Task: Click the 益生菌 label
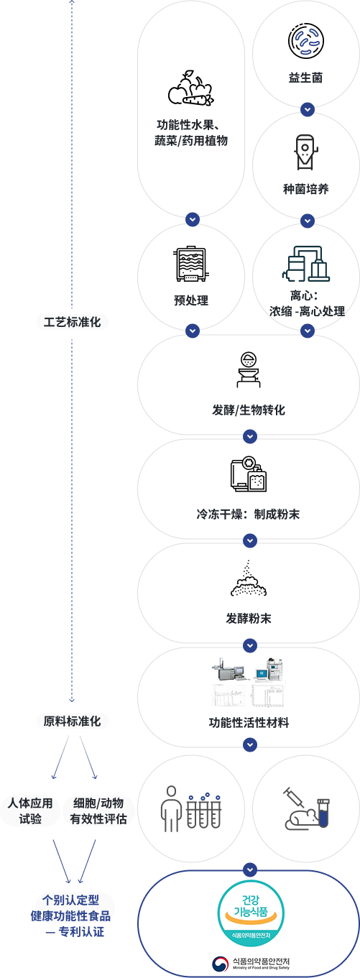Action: (306, 78)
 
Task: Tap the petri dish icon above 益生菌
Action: (306, 41)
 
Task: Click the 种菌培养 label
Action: (306, 190)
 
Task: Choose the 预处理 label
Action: (191, 300)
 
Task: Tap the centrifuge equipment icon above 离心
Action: (307, 264)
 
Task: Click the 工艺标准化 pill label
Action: (72, 322)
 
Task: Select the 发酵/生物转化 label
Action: (249, 410)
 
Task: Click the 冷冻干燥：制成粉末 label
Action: (249, 515)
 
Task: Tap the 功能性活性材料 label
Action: (249, 723)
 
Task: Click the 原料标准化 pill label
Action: (72, 721)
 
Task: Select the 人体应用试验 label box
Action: (30, 811)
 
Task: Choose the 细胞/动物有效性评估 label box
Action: (98, 811)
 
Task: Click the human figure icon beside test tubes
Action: (171, 808)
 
